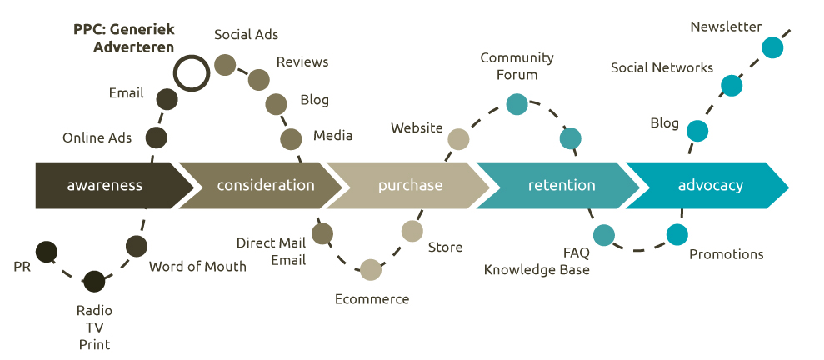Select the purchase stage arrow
(x=410, y=185)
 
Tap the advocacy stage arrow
(x=709, y=185)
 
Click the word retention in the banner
(x=562, y=185)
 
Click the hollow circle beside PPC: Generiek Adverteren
(x=191, y=72)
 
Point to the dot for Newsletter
(x=772, y=47)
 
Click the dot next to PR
(x=47, y=251)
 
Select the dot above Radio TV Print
(x=95, y=282)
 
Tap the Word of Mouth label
(x=197, y=267)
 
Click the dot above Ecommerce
(x=371, y=269)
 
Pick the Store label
(x=445, y=247)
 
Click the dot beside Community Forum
(x=517, y=104)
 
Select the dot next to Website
(x=458, y=139)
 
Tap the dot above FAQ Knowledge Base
(x=603, y=235)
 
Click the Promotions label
(x=726, y=254)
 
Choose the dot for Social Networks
(x=731, y=85)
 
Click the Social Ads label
(x=246, y=35)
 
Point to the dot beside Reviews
(x=259, y=80)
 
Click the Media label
(x=332, y=136)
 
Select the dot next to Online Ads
(x=156, y=137)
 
